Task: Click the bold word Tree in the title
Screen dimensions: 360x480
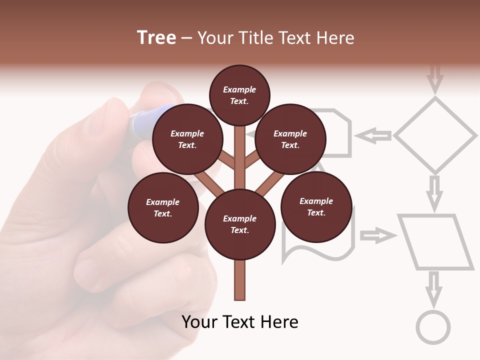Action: [156, 38]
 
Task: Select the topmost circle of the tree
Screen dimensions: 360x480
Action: [239, 95]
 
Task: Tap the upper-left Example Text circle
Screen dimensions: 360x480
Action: [187, 139]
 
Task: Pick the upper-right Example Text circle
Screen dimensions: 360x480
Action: [290, 139]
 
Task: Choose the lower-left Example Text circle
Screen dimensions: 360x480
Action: [163, 207]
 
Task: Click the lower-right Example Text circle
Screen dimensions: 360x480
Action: [316, 206]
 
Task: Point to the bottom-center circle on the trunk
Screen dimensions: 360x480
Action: [240, 224]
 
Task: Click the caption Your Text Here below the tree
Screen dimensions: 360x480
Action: [240, 322]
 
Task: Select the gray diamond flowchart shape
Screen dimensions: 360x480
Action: [435, 135]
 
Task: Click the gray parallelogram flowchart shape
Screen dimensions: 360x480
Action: [435, 242]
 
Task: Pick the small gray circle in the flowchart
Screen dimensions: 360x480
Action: [433, 327]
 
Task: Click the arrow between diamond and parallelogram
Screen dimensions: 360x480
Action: [435, 192]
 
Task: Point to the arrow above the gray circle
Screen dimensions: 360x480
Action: [433, 288]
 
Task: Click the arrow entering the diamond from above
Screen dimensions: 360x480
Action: [435, 77]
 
